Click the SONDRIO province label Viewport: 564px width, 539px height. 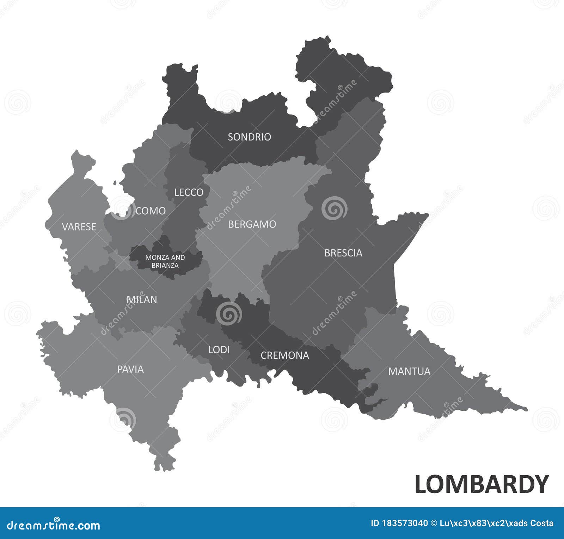pyautogui.click(x=249, y=137)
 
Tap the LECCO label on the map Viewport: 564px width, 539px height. pyautogui.click(x=189, y=192)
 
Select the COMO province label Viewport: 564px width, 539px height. pyautogui.click(x=151, y=211)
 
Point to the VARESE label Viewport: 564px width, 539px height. pyautogui.click(x=79, y=227)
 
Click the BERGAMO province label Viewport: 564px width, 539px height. pyautogui.click(x=252, y=224)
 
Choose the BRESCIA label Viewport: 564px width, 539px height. pyautogui.click(x=343, y=253)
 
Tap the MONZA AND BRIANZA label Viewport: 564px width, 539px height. pyautogui.click(x=165, y=261)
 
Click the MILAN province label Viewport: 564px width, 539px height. pyautogui.click(x=142, y=300)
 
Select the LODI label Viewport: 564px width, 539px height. pyautogui.click(x=219, y=349)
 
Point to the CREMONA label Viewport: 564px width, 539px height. pyautogui.click(x=285, y=355)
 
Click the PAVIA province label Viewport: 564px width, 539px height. pyautogui.click(x=130, y=369)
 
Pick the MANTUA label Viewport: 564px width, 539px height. pyautogui.click(x=409, y=371)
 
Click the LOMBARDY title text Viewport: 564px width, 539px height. pyautogui.click(x=482, y=484)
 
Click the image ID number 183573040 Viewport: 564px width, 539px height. pyautogui.click(x=405, y=523)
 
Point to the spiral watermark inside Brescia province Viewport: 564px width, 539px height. pyautogui.click(x=334, y=209)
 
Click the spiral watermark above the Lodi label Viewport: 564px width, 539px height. pyautogui.click(x=229, y=313)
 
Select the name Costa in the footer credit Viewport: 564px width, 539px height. pyautogui.click(x=540, y=523)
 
